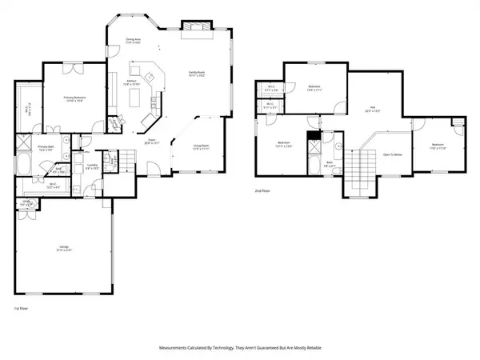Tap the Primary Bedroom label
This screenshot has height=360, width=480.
(x=75, y=98)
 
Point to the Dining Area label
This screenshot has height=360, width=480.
(x=133, y=41)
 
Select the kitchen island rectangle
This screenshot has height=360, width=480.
(x=135, y=98)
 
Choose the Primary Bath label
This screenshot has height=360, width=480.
(x=46, y=149)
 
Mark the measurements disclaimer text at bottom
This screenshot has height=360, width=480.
(x=240, y=350)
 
